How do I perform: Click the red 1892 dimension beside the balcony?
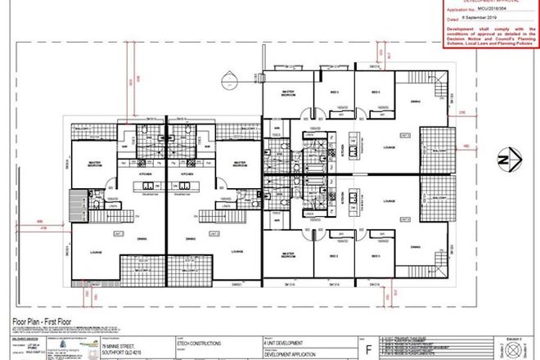coord(466,148)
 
